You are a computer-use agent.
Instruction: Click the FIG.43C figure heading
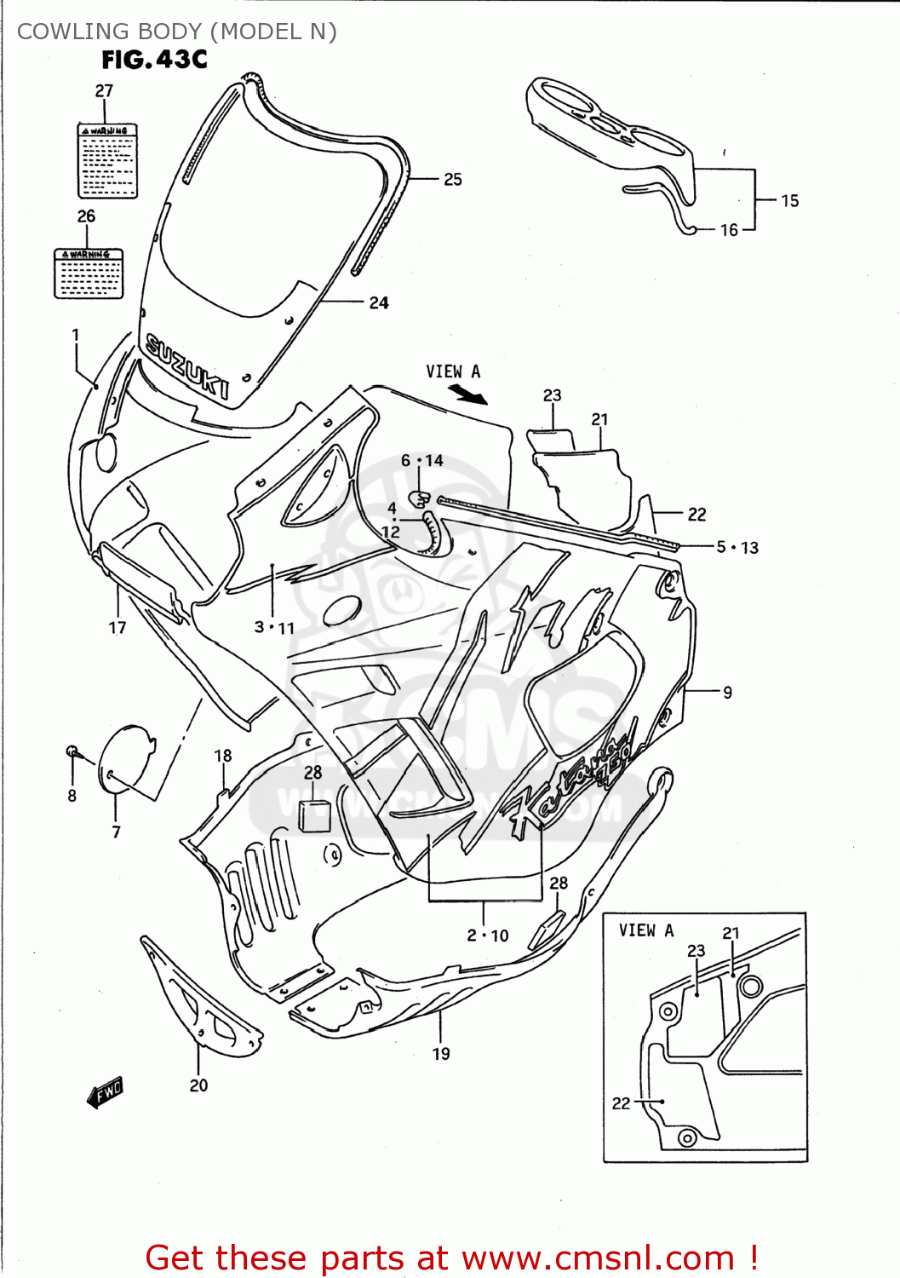(x=154, y=60)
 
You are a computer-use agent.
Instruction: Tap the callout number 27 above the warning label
(x=104, y=90)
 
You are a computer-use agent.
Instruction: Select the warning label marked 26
(x=89, y=273)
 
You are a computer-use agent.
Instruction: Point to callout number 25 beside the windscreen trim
(x=453, y=180)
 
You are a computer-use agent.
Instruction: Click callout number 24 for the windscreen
(x=379, y=303)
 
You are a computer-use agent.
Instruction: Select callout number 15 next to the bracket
(x=789, y=201)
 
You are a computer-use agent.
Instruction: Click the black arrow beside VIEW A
(x=467, y=394)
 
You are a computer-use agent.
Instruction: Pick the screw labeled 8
(x=73, y=751)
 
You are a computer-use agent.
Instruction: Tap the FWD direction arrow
(x=106, y=1091)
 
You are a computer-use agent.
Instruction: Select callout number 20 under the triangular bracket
(x=198, y=1085)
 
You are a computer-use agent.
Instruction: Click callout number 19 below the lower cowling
(x=441, y=1054)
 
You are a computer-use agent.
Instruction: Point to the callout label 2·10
(x=487, y=935)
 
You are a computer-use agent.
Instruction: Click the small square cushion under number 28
(x=314, y=815)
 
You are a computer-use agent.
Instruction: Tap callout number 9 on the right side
(x=727, y=693)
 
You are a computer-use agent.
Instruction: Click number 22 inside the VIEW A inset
(x=621, y=1103)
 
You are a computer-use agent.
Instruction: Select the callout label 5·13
(x=737, y=547)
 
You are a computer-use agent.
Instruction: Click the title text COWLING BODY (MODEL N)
(x=177, y=32)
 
